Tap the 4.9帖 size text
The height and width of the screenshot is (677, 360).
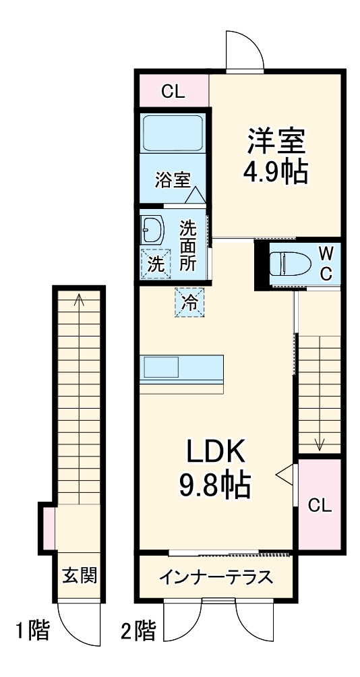point(276,172)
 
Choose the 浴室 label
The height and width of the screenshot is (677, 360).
point(172,179)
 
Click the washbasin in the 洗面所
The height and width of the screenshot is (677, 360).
point(152,231)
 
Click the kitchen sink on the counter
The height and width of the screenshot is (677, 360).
point(160,368)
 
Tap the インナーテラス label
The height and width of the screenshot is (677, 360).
point(216,577)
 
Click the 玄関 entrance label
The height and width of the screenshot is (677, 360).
point(80,575)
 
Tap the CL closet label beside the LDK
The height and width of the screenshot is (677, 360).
point(320,506)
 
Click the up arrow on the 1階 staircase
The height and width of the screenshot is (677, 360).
point(80,300)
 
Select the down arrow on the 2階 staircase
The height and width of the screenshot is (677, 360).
point(320,443)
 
